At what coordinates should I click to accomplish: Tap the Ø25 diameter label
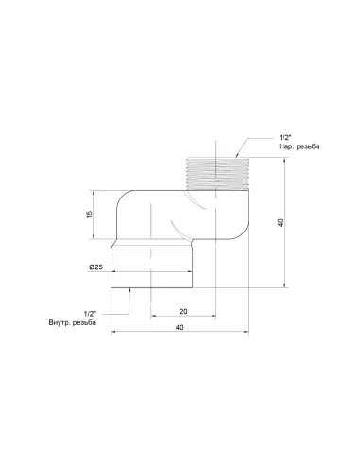pyautogui.click(x=95, y=267)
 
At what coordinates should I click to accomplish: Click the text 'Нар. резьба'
pyautogui.click(x=277, y=148)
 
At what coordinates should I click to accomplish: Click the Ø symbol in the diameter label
pyautogui.click(x=91, y=267)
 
